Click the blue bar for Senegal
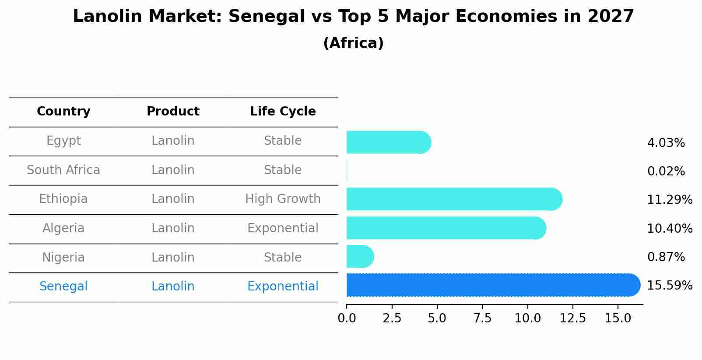[x=492, y=285]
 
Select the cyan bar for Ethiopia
[x=453, y=199]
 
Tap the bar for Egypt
[x=388, y=142]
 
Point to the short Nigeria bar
[x=359, y=256]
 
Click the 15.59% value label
[x=669, y=286]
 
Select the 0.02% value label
[x=666, y=171]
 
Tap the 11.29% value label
[x=669, y=200]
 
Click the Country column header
[x=63, y=112]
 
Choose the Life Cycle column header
[x=283, y=112]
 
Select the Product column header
[x=173, y=112]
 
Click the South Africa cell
[x=63, y=170]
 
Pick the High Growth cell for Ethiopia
[x=283, y=199]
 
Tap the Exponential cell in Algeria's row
[x=283, y=228]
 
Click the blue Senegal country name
[x=63, y=287]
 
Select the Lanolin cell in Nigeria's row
[x=173, y=258]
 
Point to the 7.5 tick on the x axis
[x=482, y=318]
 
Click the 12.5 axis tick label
[x=573, y=318]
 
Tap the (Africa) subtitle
[x=353, y=43]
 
